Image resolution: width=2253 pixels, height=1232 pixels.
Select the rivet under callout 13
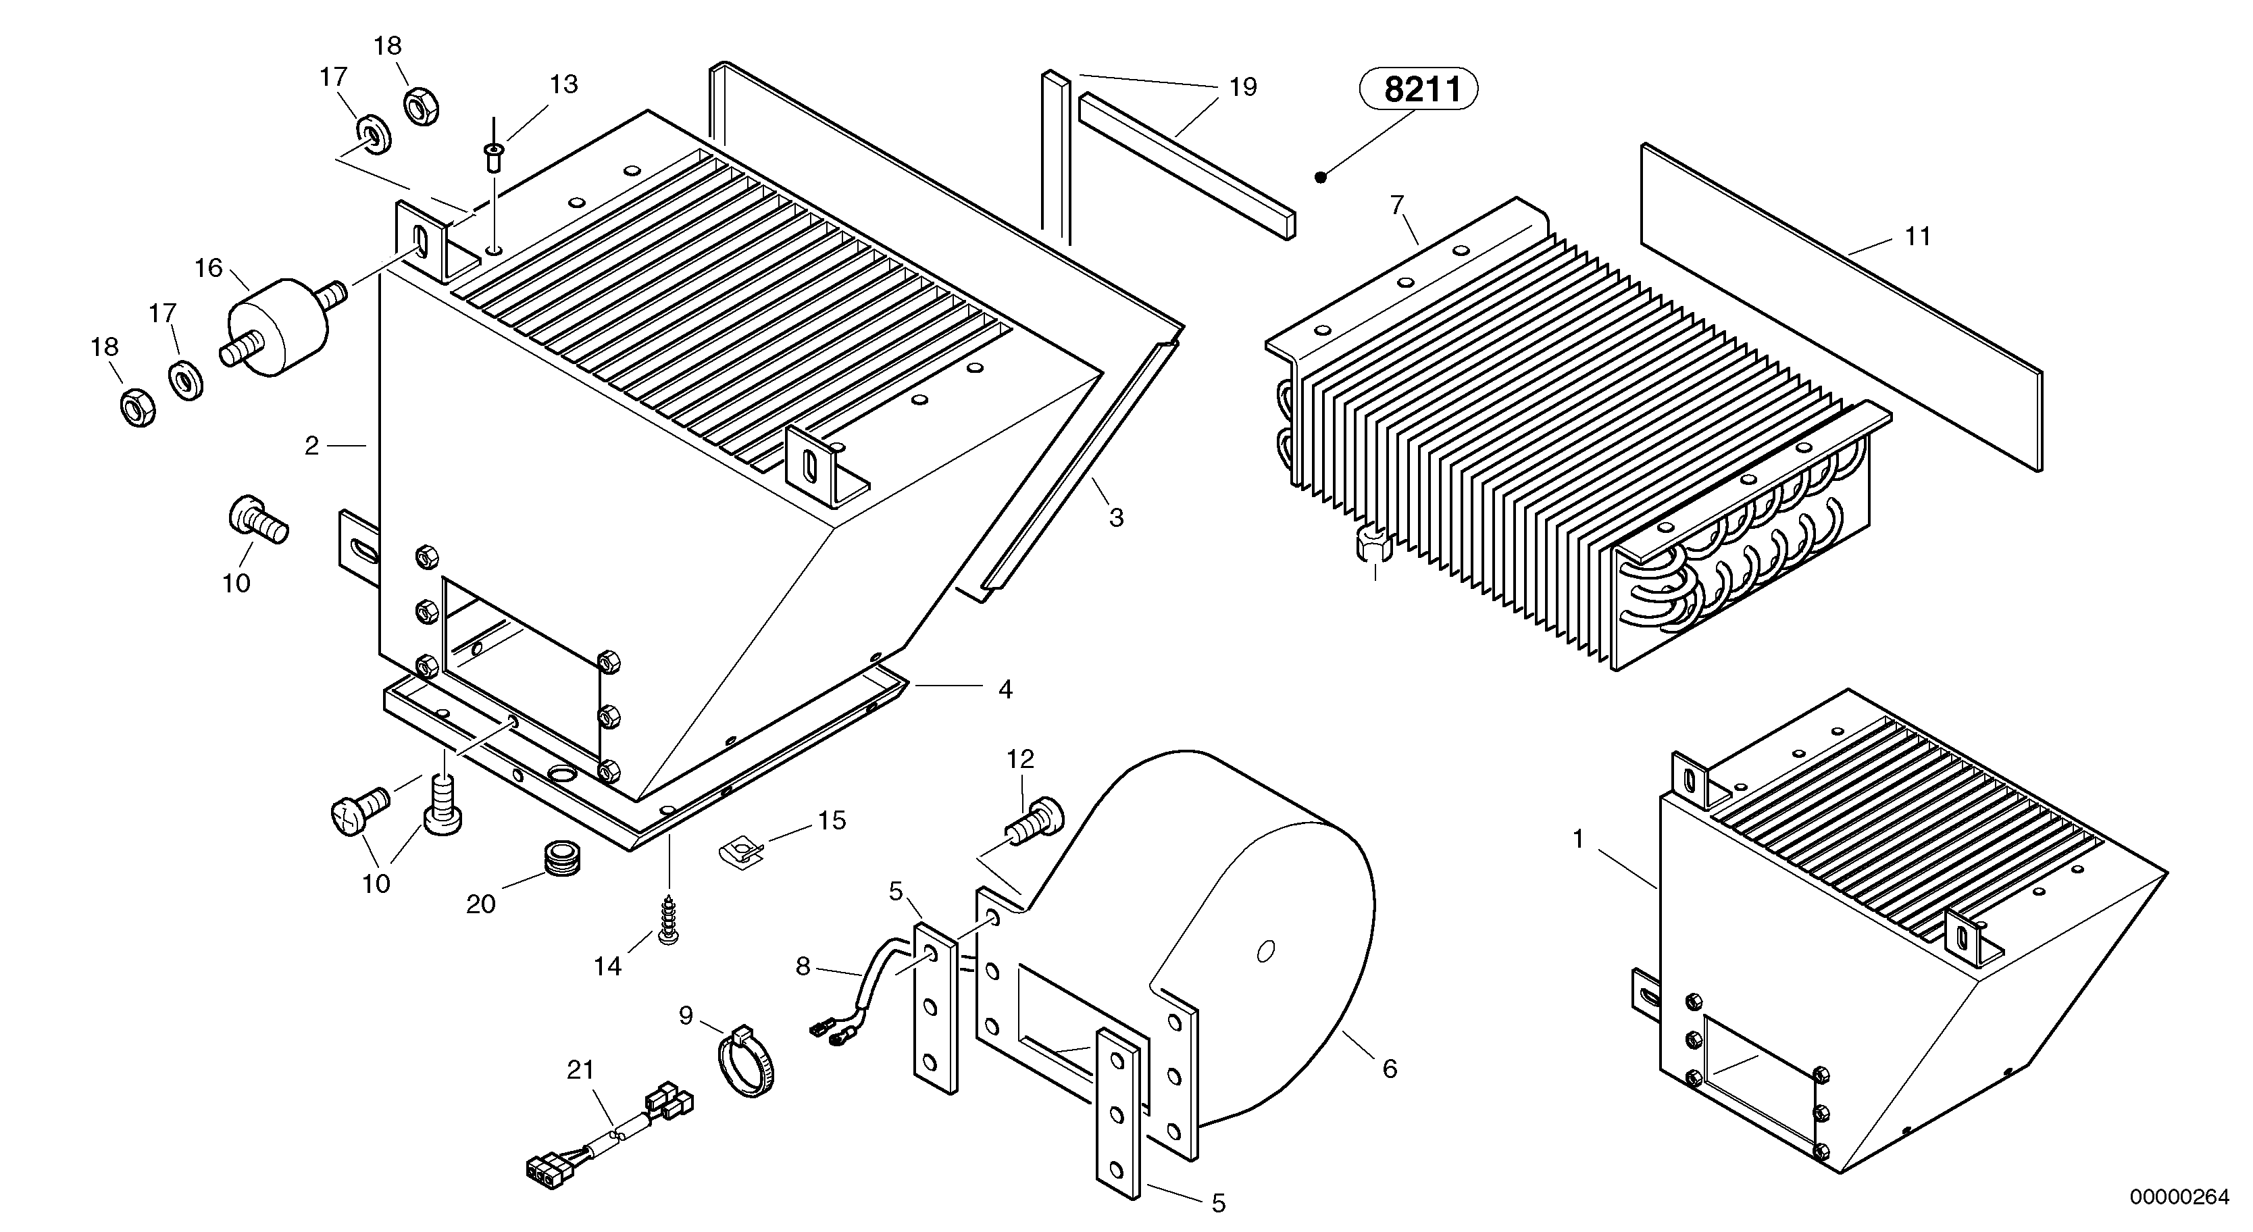click(493, 160)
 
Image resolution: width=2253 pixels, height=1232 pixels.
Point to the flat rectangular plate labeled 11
click(1841, 311)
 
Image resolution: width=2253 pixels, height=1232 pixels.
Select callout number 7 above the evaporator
click(1397, 205)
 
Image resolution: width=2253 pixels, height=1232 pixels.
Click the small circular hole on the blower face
click(1265, 950)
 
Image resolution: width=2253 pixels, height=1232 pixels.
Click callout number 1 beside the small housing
click(1578, 840)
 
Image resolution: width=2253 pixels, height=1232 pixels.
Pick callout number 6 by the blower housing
click(1390, 1069)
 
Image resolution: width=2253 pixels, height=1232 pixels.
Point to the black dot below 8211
click(1321, 178)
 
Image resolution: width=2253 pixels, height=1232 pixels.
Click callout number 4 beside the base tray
click(1005, 690)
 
